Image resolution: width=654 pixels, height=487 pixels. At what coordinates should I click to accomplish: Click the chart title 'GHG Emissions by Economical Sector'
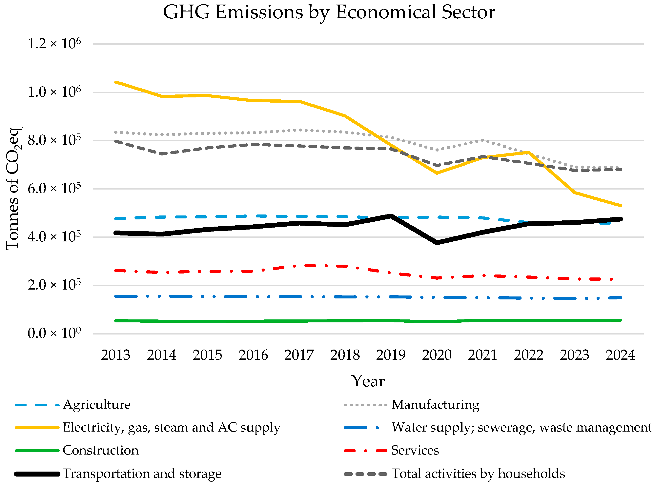coord(329,12)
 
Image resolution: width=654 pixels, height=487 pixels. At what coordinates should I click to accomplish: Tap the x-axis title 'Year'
coord(368,381)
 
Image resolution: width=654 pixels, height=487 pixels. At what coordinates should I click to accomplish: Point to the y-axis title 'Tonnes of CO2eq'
coord(13,189)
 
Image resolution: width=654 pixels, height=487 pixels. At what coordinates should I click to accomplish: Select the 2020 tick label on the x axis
coord(437,355)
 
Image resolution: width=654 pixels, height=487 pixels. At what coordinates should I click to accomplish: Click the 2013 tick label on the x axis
coord(115,355)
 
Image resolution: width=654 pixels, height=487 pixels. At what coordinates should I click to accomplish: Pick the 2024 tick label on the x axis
coord(620,355)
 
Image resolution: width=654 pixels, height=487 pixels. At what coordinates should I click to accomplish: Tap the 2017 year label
coord(299,355)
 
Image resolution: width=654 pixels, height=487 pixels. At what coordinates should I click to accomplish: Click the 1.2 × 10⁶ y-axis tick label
coord(54,44)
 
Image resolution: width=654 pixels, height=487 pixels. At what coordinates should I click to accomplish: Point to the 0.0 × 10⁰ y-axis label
coord(54,333)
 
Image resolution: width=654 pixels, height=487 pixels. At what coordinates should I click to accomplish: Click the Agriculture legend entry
coord(96,404)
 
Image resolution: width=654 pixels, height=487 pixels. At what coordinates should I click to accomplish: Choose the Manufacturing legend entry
coord(435,404)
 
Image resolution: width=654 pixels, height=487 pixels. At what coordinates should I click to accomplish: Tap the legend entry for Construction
coord(100,450)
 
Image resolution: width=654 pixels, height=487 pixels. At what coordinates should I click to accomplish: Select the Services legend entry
coord(415,450)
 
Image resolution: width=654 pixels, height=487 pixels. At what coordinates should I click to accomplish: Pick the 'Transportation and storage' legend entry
coord(142,474)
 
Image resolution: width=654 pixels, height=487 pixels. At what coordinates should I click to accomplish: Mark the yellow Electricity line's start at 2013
coord(116,82)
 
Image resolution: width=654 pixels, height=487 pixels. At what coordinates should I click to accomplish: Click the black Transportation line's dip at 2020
coord(437,242)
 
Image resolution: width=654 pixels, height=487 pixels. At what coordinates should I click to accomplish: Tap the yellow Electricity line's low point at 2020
coord(437,173)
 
